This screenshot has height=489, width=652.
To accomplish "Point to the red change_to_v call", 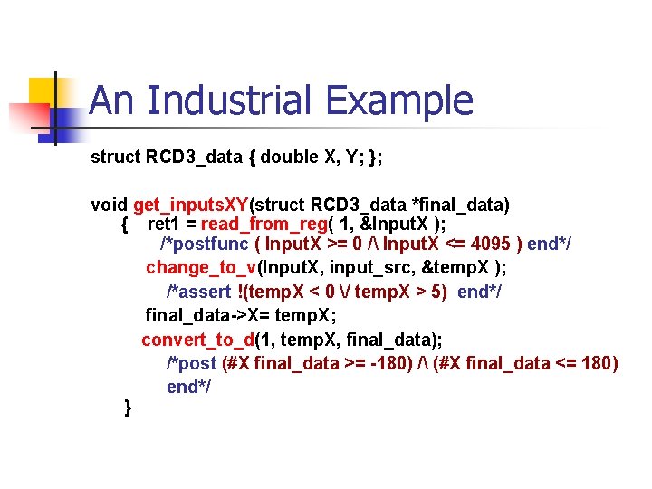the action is [x=201, y=267].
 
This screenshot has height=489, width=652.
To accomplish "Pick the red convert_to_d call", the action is [x=197, y=340].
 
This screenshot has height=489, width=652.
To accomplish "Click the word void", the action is [x=110, y=204].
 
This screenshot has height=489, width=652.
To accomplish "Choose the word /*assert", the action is [x=197, y=292].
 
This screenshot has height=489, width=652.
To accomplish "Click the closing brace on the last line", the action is [x=128, y=407].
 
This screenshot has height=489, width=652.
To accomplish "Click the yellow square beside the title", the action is [x=45, y=93].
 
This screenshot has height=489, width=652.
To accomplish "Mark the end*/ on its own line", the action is [x=188, y=387].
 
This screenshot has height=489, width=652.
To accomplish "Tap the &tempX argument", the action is [x=457, y=267].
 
